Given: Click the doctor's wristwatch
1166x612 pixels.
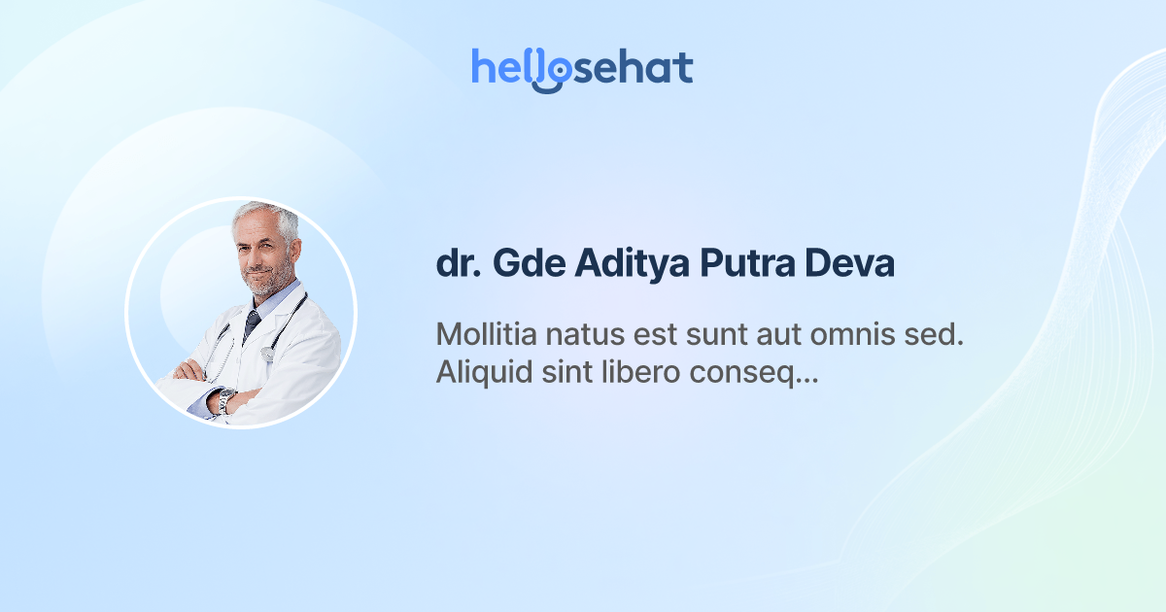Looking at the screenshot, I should tap(225, 399).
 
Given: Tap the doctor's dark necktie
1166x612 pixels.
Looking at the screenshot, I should tap(252, 323).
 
